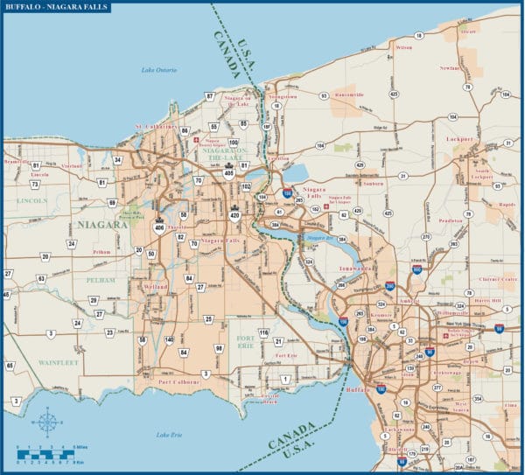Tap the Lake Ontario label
click(x=160, y=70)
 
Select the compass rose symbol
click(x=47, y=424)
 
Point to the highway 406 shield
click(x=158, y=227)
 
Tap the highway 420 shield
click(x=234, y=214)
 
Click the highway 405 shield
click(x=228, y=173)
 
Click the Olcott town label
click(x=468, y=31)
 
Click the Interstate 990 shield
click(x=416, y=271)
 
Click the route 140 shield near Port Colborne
click(x=169, y=339)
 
